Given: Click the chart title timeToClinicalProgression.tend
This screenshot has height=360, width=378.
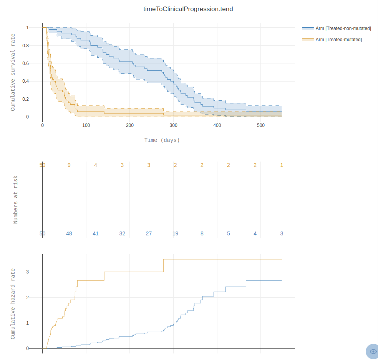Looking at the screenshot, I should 188,9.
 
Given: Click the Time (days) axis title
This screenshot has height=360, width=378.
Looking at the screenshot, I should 162,140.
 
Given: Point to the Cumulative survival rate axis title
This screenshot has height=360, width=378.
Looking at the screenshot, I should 13,72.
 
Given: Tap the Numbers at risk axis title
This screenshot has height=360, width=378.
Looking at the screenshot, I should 16,200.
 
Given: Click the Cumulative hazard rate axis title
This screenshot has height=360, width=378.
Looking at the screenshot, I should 13,303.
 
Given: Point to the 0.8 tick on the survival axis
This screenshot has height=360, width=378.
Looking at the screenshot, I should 26,45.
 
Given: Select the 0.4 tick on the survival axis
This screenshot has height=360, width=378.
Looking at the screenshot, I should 26,81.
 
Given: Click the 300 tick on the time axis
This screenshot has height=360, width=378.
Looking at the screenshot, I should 174,125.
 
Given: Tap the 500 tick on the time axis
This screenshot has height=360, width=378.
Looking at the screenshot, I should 261,125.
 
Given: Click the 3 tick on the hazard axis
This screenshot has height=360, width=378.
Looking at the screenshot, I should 27,272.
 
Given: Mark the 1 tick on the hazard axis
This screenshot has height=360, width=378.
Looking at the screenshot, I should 27,323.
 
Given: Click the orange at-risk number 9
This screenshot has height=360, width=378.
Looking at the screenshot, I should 69,165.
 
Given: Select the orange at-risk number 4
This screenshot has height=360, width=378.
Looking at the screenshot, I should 96,165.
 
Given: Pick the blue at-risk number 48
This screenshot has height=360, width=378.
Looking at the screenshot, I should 69,233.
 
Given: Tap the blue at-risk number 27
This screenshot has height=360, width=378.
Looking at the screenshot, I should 149,233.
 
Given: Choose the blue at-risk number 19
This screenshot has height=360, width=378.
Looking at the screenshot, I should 175,233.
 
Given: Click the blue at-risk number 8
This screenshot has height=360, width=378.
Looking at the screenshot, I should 202,233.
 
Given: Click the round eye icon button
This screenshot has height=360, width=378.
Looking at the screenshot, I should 373,351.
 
